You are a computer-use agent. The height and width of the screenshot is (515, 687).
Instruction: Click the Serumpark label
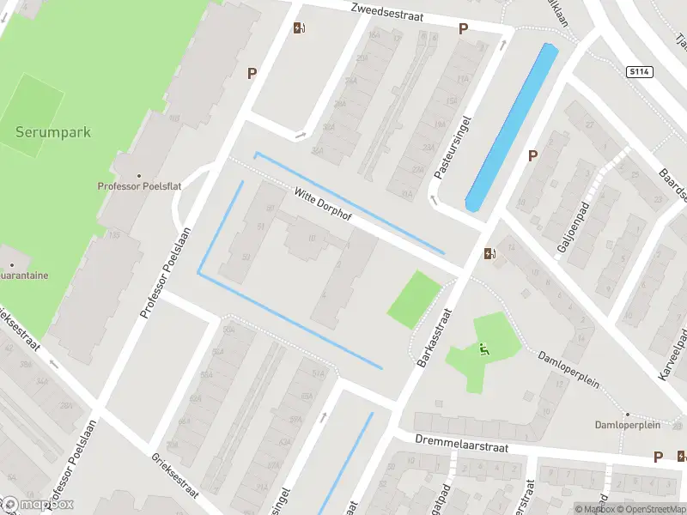pyautogui.click(x=52, y=133)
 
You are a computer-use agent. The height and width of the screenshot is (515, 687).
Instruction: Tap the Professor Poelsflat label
pyautogui.click(x=137, y=185)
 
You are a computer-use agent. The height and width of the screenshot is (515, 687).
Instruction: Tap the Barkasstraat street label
pyautogui.click(x=434, y=337)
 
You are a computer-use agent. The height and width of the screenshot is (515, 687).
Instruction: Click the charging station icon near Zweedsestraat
pyautogui.click(x=299, y=27)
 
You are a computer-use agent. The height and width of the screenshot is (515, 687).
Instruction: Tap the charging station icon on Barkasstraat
pyautogui.click(x=489, y=253)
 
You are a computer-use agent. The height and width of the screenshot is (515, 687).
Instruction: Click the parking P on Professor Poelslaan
pyautogui.click(x=252, y=74)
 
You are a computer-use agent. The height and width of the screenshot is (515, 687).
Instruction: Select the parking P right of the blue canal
pyautogui.click(x=532, y=155)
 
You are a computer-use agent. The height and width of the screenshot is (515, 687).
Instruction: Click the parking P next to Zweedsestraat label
pyautogui.click(x=463, y=28)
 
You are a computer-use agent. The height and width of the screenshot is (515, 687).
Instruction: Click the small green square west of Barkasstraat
pyautogui.click(x=414, y=299)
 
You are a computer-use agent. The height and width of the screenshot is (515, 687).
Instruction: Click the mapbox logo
pyautogui.click(x=37, y=504)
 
